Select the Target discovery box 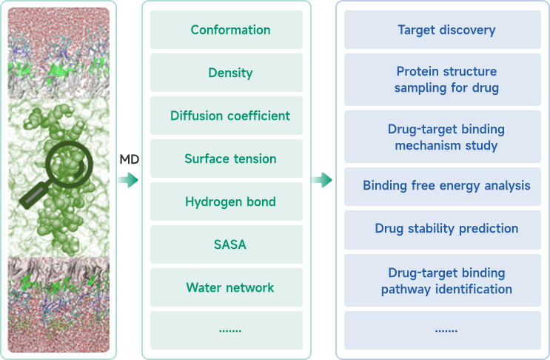(x=446, y=30)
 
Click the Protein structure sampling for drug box (x=446, y=80)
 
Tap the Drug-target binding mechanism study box (x=446, y=137)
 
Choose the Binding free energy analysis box (x=446, y=185)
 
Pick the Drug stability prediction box (x=446, y=228)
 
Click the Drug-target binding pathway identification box (x=446, y=281)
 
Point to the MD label (x=129, y=159)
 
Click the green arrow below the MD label (x=128, y=180)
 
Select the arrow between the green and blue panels (x=321, y=180)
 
